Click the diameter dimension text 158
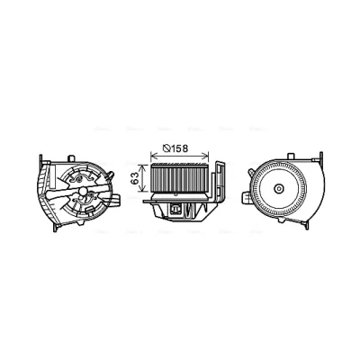[180, 148]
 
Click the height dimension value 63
[136, 178]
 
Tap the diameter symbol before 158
[166, 148]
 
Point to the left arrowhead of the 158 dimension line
[153, 156]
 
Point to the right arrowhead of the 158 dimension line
[206, 156]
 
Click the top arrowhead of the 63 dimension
[143, 167]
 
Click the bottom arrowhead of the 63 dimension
[143, 189]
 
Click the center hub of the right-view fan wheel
[279, 188]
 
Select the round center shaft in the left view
[82, 191]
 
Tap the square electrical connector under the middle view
[175, 209]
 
